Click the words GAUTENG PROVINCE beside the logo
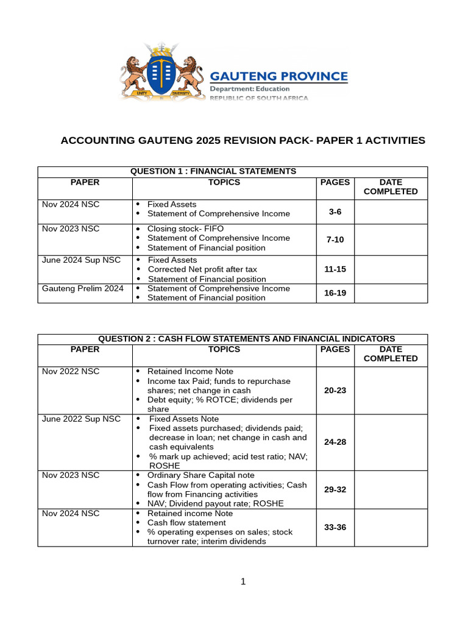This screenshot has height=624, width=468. click(278, 77)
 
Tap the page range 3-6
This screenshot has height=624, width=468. click(335, 212)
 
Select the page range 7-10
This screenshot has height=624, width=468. click(335, 239)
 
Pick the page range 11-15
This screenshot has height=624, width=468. click(335, 269)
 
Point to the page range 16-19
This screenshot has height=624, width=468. click(335, 293)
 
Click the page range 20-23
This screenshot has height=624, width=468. click(335, 390)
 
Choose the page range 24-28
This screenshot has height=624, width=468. click(335, 442)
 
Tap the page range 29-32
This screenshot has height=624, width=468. click(335, 489)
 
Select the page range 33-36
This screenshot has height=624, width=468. click(335, 527)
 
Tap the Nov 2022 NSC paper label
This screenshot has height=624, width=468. click(70, 371)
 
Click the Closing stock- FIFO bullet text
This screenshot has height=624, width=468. click(185, 229)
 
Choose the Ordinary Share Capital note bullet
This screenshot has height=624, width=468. click(201, 475)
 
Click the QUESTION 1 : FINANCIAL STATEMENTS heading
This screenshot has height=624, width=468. click(213, 172)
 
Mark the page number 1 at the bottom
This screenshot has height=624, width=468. click(243, 582)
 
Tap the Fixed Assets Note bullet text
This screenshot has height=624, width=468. click(183, 419)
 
